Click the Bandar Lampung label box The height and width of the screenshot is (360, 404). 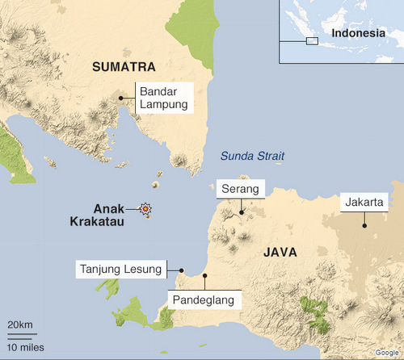164,98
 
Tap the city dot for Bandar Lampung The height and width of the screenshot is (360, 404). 121,98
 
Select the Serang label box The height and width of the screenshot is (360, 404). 240,189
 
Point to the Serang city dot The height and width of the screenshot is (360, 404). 240,214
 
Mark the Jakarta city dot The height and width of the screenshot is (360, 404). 363,226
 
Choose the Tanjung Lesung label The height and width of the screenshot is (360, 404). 120,269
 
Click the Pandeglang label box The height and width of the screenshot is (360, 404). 204,299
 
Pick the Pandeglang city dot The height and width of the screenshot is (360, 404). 205,275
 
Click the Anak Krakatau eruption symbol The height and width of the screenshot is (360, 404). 146,210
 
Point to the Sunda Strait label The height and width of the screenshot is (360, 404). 253,157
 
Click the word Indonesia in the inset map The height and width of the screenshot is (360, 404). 356,33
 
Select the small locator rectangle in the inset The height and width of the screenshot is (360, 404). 312,40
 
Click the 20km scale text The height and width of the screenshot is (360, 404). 20,324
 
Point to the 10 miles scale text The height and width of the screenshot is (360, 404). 26,348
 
